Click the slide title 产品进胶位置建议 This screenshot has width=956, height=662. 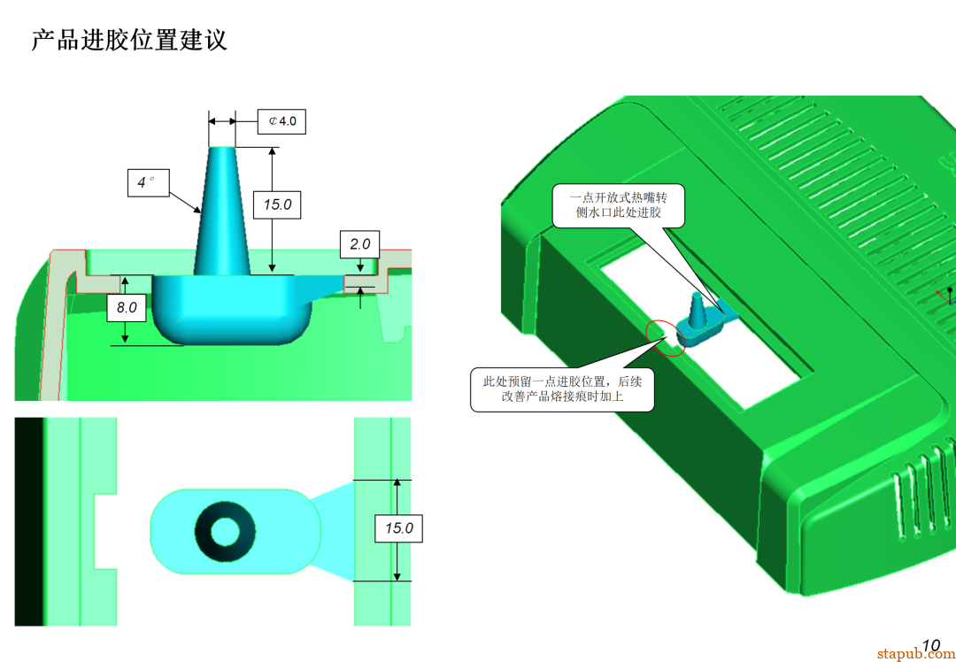tap(129, 40)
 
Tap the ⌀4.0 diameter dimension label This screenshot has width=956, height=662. tap(281, 121)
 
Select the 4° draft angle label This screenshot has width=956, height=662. tap(148, 183)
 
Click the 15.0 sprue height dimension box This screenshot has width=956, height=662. tap(277, 204)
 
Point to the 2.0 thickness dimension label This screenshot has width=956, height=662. tap(359, 244)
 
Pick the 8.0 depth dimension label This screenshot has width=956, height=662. tap(127, 308)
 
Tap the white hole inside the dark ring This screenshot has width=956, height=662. tap(226, 532)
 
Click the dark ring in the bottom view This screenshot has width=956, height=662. tap(226, 532)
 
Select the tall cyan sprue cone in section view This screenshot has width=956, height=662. tap(221, 211)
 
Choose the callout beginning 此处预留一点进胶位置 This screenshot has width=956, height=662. tap(562, 389)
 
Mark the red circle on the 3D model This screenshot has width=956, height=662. tap(667, 336)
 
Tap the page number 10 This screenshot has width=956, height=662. tap(930, 644)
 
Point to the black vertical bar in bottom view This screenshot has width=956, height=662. tap(29, 521)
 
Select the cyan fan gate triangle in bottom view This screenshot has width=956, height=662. tap(332, 530)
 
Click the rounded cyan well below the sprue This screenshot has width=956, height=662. tap(232, 310)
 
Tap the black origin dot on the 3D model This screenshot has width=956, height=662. tap(949, 290)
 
